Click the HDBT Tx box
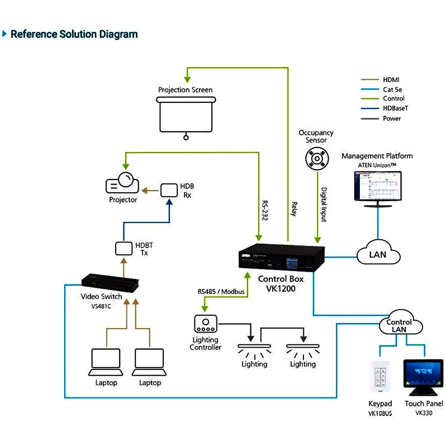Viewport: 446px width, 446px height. (x=124, y=247)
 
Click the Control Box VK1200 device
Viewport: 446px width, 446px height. (x=281, y=259)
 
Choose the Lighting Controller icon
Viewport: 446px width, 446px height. (x=206, y=324)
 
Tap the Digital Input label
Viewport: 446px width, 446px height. (x=324, y=204)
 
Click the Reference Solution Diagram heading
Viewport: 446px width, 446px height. (x=74, y=34)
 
